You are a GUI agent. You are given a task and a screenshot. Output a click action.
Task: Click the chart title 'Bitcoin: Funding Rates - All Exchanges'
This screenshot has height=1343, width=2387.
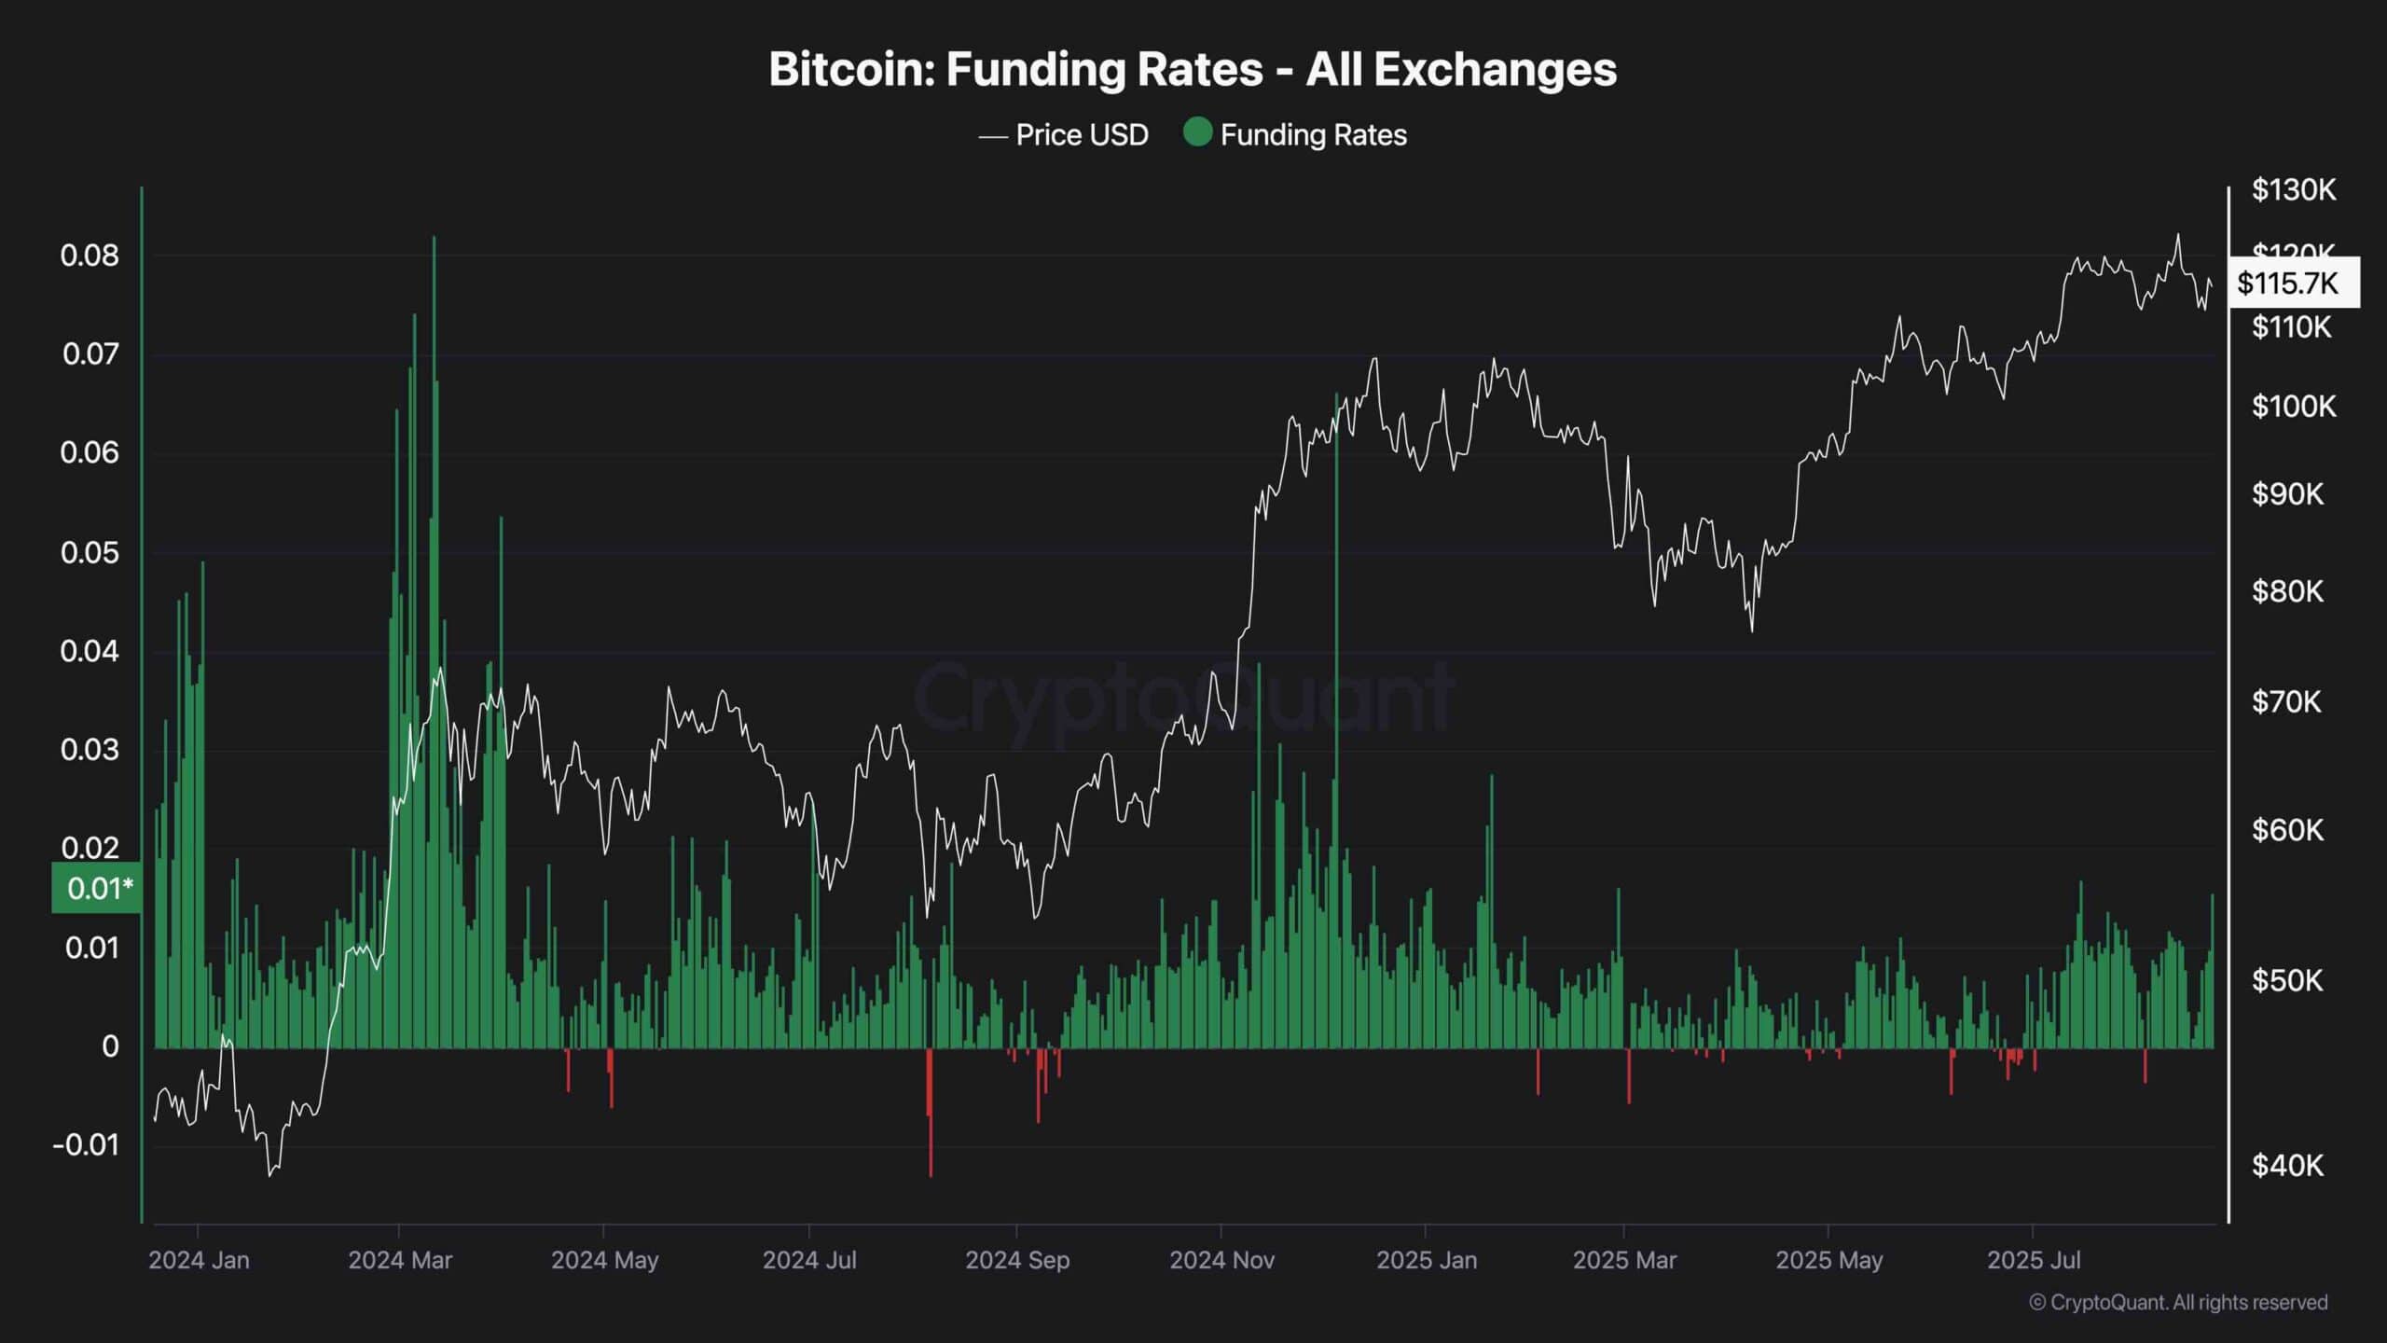1193,69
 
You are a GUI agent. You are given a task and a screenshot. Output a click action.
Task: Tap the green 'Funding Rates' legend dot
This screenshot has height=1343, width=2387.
1197,133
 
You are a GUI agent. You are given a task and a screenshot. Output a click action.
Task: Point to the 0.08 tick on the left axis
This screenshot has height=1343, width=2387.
90,256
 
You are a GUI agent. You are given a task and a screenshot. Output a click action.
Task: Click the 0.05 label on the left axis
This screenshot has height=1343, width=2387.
90,552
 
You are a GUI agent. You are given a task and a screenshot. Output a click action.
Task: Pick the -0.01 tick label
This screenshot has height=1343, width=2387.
86,1145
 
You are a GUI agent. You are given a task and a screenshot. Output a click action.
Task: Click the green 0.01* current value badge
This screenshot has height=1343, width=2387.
98,888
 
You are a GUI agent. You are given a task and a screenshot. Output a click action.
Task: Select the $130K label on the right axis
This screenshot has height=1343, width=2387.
2294,190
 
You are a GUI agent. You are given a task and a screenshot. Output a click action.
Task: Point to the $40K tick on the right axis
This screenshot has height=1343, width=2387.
2287,1166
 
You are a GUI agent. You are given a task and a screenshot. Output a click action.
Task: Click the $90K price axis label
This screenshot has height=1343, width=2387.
2287,494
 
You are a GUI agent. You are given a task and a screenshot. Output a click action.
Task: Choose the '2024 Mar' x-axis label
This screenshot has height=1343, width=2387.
400,1260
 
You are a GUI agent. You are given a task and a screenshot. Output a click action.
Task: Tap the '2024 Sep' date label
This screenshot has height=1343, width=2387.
1017,1260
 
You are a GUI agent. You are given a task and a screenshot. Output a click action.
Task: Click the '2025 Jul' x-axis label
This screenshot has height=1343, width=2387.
2034,1260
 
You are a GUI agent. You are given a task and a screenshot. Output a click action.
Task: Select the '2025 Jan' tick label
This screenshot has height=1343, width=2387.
1427,1260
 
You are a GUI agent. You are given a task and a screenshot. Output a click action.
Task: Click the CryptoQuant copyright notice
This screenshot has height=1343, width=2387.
2178,1303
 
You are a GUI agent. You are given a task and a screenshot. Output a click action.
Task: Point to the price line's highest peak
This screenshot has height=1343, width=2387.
2178,235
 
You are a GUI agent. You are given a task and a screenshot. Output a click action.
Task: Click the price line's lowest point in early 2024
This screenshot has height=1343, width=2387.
270,1174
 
